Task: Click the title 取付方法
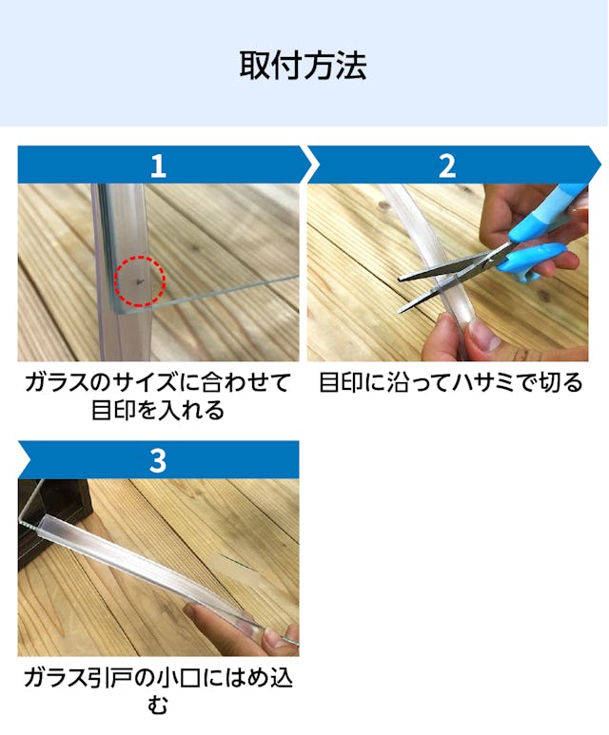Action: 304,66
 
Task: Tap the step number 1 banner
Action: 159,165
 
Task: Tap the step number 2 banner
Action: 448,165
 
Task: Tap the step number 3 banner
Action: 159,460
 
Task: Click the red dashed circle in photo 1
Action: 140,281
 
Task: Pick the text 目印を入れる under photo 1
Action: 158,412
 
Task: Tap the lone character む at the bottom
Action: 158,706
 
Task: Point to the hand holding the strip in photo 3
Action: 243,628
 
